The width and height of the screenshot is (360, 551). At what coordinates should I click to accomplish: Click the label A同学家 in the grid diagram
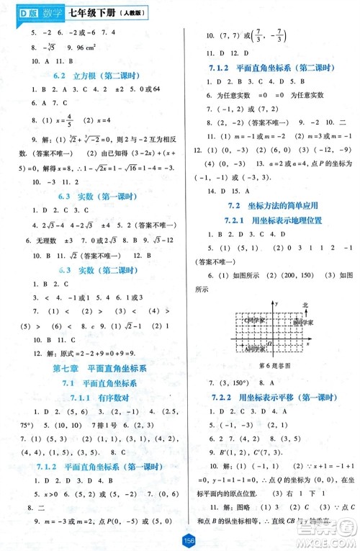click(255, 330)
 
